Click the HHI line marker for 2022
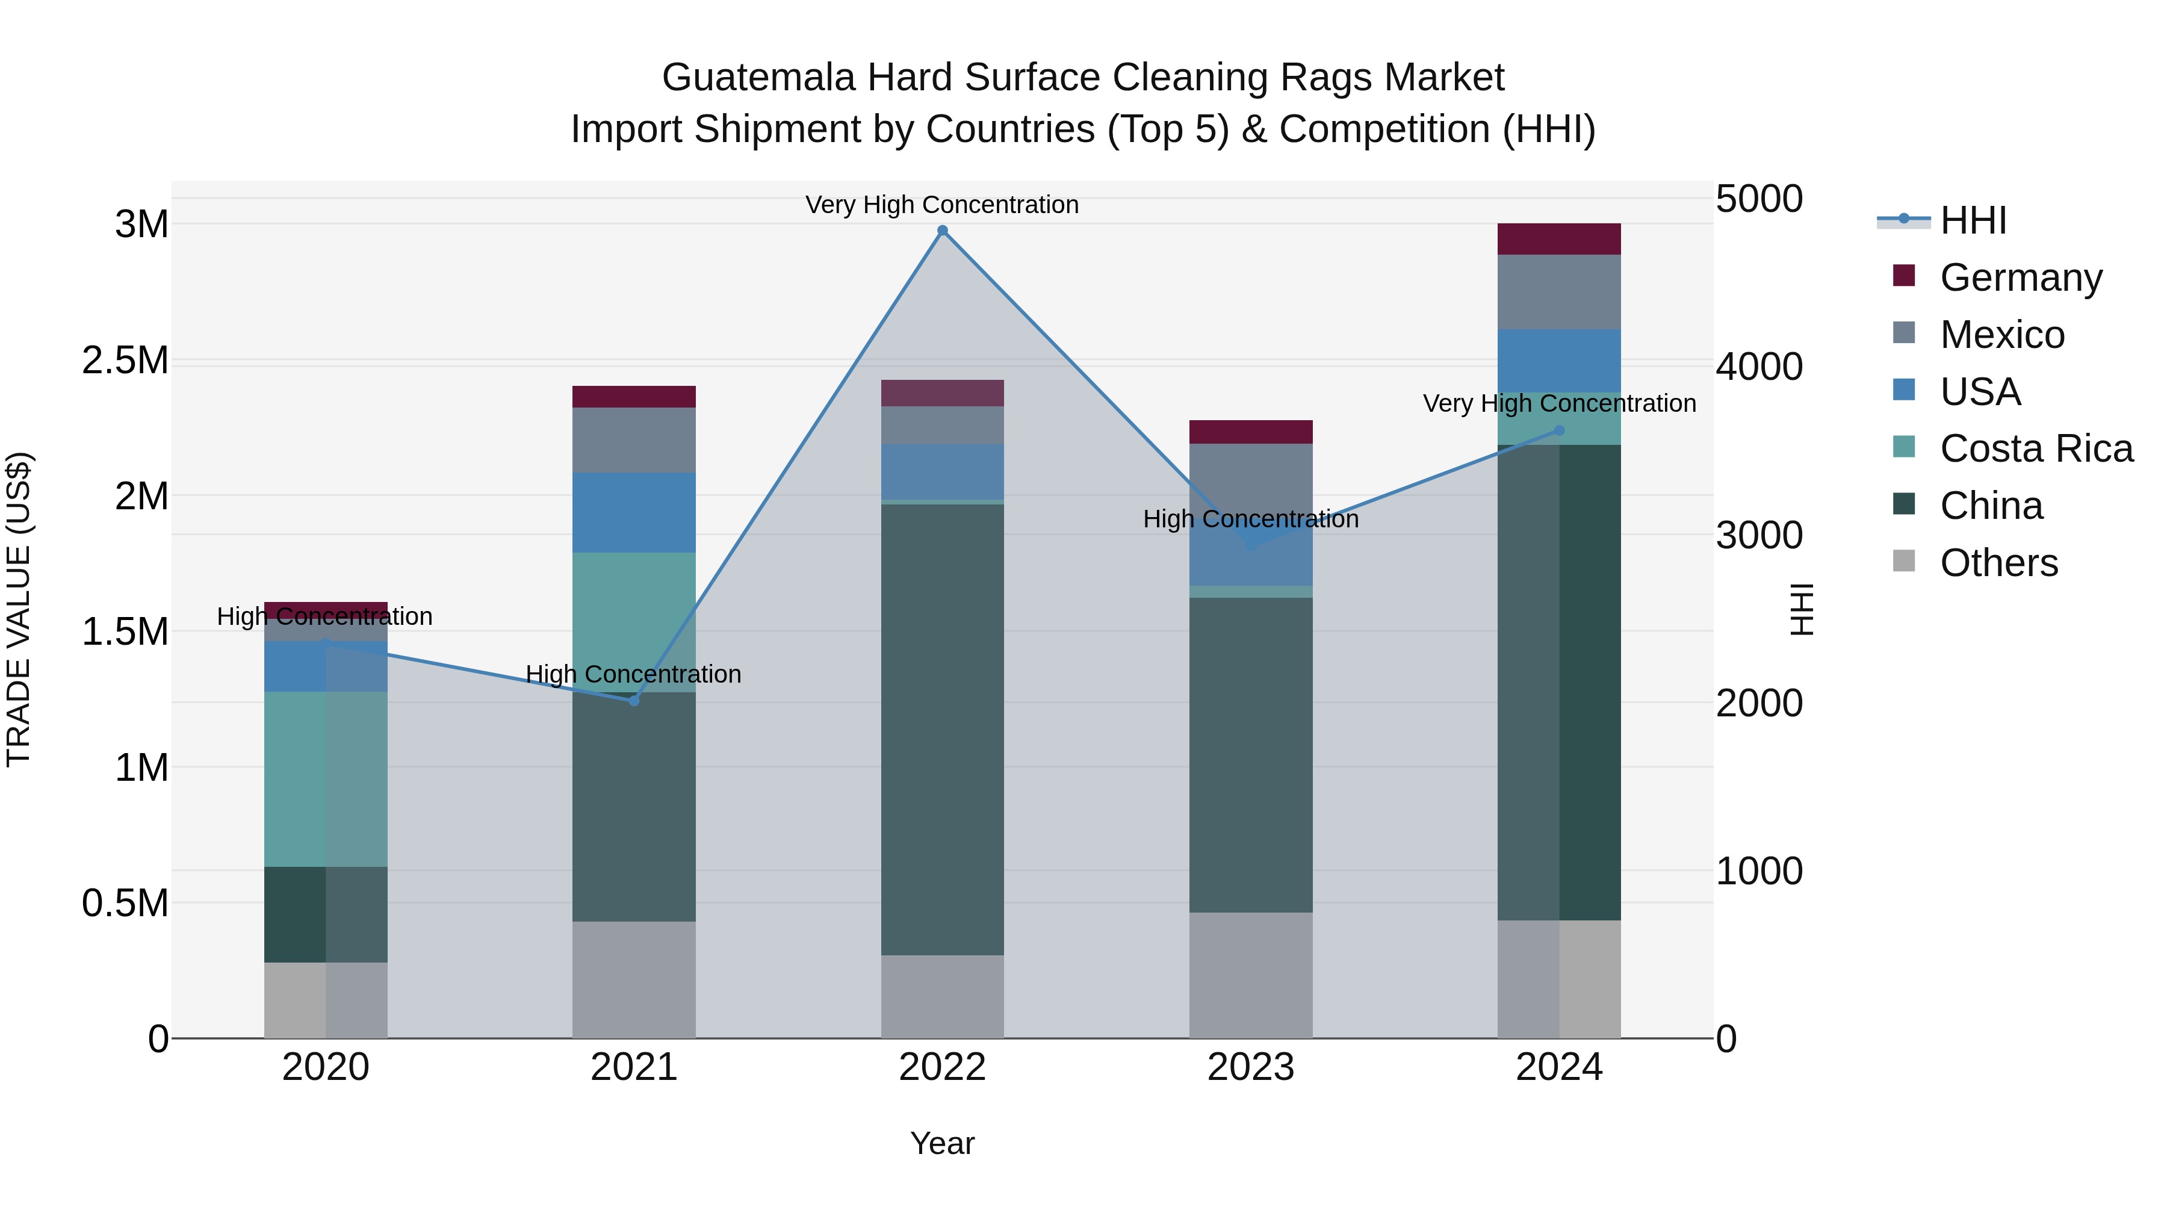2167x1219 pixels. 942,231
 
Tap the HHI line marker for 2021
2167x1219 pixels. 634,701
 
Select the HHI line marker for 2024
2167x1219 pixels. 1559,431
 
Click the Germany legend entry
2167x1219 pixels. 2021,278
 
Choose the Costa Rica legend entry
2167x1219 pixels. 2036,448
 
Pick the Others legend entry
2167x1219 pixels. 1998,563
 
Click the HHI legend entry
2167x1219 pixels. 1973,220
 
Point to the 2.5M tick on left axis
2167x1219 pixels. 125,360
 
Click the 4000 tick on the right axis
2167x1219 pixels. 1759,367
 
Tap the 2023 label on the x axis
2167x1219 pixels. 1251,1067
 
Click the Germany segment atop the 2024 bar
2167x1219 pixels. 1559,239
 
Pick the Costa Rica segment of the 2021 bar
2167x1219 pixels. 634,622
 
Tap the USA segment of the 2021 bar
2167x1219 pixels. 634,512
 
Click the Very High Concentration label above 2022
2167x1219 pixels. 942,205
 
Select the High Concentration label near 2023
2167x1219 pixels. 1251,519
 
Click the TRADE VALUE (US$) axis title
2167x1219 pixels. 19,609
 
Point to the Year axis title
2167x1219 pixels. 942,1143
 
